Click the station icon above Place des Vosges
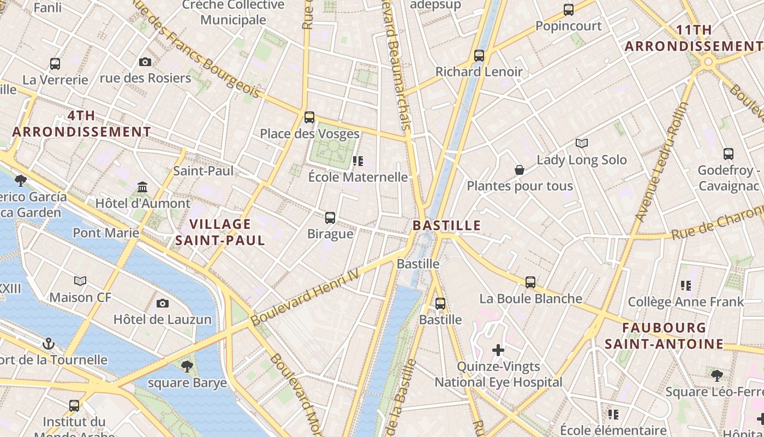click(x=309, y=117)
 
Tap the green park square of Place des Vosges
click(x=330, y=151)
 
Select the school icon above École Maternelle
click(x=358, y=161)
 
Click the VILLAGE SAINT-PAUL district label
click(x=220, y=232)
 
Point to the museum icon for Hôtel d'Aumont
click(x=143, y=187)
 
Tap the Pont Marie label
click(x=106, y=233)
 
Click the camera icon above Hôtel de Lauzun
click(x=163, y=303)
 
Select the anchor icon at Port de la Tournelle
click(x=49, y=344)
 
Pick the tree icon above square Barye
click(x=187, y=367)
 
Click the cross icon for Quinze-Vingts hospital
click(x=498, y=350)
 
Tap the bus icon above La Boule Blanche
click(x=530, y=282)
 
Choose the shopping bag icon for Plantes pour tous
click(x=520, y=170)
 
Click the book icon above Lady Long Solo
click(x=582, y=144)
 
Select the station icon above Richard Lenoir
click(x=479, y=55)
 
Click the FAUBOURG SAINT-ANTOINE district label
click(x=664, y=335)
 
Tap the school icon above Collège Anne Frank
click(x=686, y=285)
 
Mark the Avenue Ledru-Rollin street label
click(x=662, y=162)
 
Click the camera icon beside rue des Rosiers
click(x=145, y=62)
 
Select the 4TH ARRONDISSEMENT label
click(x=82, y=123)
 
